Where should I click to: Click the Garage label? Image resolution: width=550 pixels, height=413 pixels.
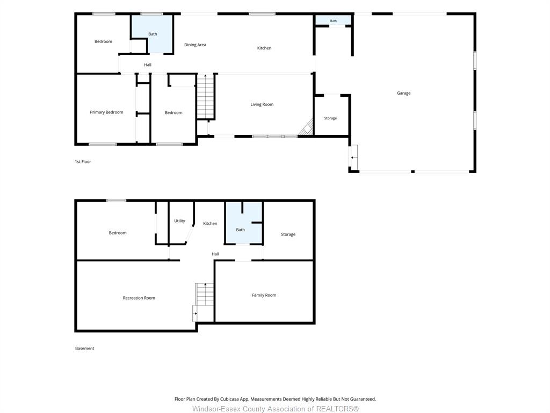pos(403,93)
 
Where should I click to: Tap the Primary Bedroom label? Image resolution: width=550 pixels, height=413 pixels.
pos(106,112)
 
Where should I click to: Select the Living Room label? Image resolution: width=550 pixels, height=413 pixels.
pos(262,104)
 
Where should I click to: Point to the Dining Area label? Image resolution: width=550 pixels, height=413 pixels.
pos(195,45)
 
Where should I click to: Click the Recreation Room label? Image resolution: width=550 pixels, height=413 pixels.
pos(139,298)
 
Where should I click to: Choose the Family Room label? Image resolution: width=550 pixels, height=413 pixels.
pos(264,295)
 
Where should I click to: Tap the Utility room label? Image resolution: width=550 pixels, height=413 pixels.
pos(179,221)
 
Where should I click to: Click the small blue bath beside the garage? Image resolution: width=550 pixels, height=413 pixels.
pos(333,20)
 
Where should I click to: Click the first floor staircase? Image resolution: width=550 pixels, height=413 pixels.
pos(206,97)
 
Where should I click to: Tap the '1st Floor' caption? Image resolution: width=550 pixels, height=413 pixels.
pos(83,161)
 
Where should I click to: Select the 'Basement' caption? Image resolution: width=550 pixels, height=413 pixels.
pos(84,348)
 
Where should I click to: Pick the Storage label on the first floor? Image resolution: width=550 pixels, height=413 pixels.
pos(330,118)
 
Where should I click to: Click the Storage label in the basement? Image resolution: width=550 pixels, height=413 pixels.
pos(288,234)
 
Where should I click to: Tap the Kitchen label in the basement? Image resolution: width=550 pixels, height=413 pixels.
pos(210,223)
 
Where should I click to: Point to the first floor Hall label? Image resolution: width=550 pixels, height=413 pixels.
pos(148,65)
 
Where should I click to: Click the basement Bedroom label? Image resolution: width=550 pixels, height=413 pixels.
pos(118,233)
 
